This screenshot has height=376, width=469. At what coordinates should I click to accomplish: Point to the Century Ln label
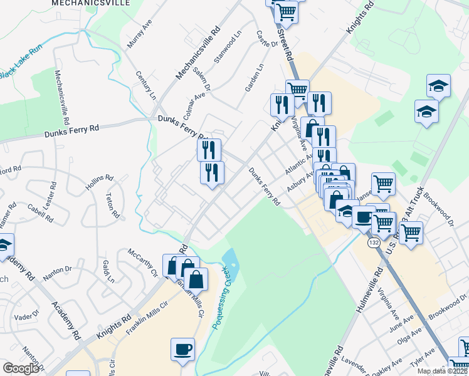(145, 86)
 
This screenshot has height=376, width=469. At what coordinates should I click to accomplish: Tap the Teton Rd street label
(112, 204)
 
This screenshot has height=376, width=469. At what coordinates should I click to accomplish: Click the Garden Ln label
(254, 78)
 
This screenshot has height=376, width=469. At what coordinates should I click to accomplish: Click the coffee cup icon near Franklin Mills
(182, 348)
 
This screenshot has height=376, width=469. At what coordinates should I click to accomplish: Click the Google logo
(20, 368)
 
